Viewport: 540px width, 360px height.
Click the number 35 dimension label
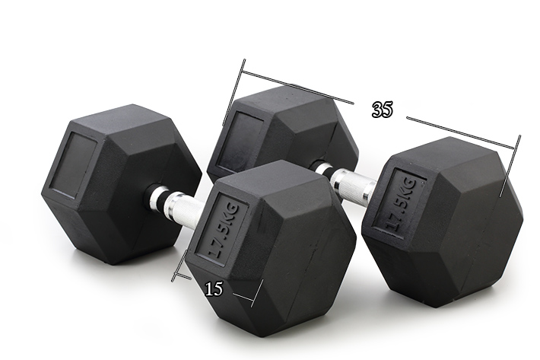(x=382, y=110)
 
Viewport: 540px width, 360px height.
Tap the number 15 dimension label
(x=214, y=289)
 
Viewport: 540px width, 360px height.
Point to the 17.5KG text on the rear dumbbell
(x=402, y=204)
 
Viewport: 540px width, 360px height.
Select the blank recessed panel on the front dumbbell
(x=73, y=165)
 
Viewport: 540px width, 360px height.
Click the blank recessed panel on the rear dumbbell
(x=240, y=141)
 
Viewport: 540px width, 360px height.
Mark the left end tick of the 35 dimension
(x=233, y=92)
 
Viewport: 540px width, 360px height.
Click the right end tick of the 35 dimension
(x=510, y=166)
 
